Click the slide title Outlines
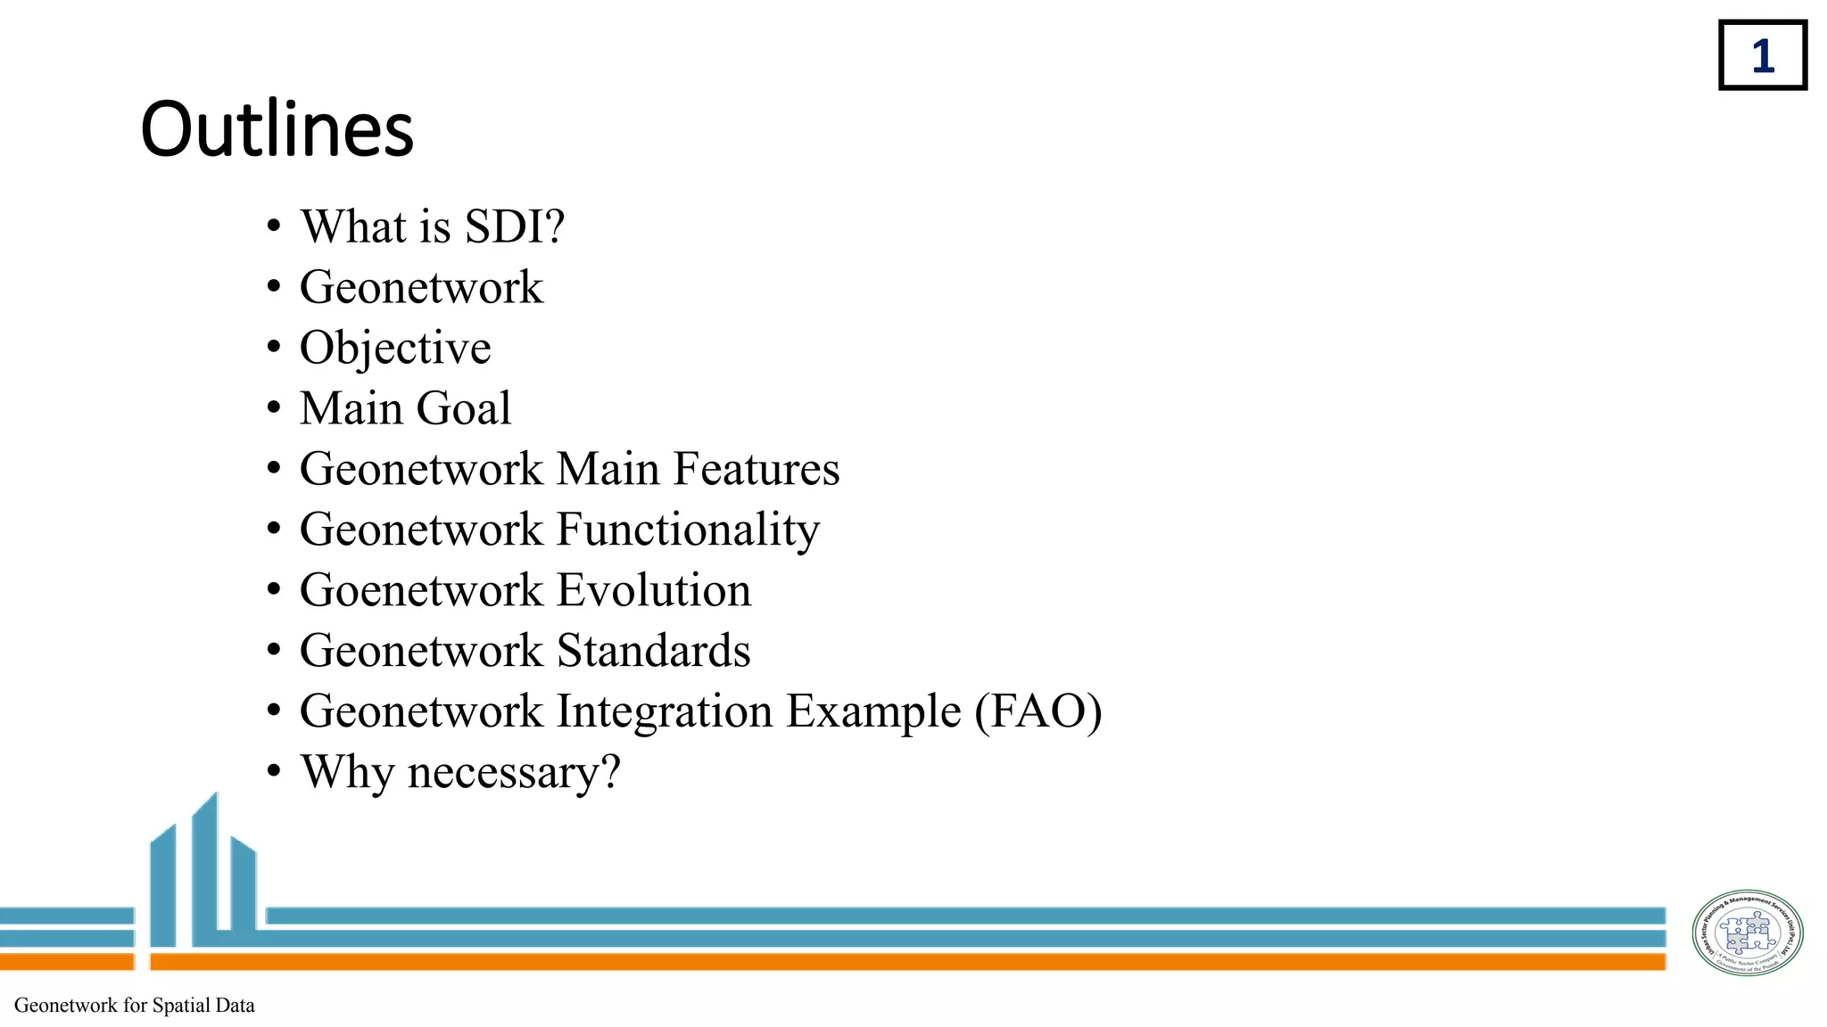click(x=277, y=129)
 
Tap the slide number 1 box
click(x=1762, y=55)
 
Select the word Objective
click(x=395, y=348)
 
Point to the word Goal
click(x=463, y=408)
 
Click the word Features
click(x=756, y=469)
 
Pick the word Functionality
click(x=688, y=530)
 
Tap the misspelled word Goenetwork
click(x=421, y=590)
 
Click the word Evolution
click(x=654, y=590)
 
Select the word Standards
click(x=654, y=651)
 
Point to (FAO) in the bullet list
click(x=1038, y=711)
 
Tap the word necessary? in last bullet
click(x=514, y=772)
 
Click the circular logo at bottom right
click(x=1747, y=933)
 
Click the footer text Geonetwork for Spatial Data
click(x=135, y=1006)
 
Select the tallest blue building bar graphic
click(x=205, y=869)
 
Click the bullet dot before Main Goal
click(x=274, y=408)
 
